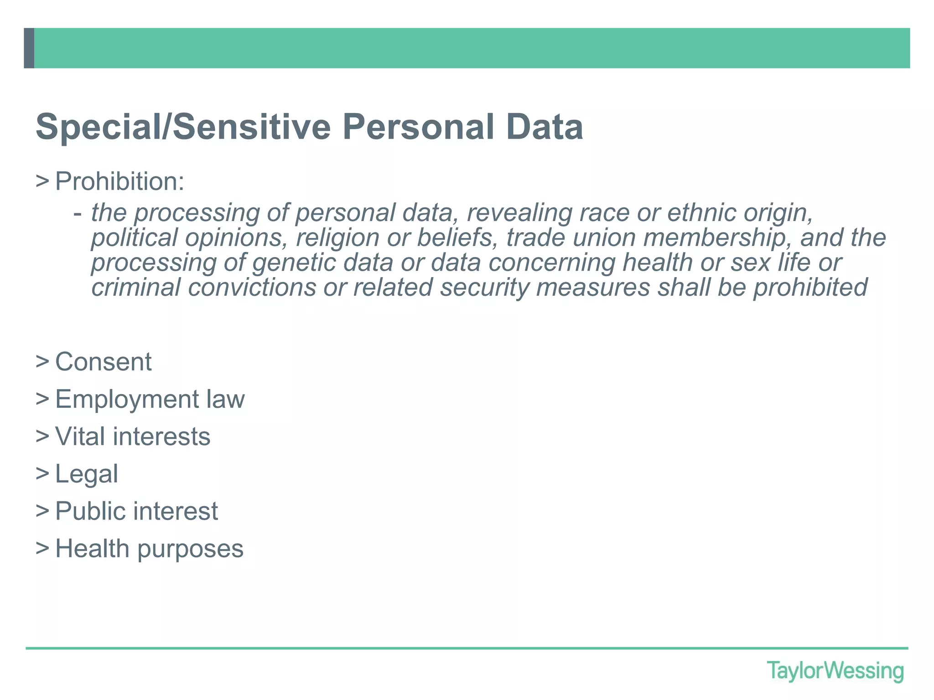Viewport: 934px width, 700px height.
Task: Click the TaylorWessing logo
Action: point(835,671)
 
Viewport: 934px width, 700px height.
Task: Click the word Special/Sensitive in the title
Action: point(183,127)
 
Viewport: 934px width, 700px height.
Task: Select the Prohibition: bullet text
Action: point(119,181)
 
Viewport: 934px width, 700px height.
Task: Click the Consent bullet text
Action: point(104,362)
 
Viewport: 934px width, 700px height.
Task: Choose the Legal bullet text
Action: point(87,474)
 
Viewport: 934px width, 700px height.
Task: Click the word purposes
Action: point(190,549)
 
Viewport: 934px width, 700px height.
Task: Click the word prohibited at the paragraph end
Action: point(810,288)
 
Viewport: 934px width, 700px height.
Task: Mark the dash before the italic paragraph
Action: point(78,213)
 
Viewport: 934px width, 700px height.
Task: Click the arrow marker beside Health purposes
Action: point(42,548)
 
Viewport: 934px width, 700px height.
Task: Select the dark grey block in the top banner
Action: point(29,48)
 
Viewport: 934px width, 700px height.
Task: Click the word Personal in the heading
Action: point(418,127)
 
